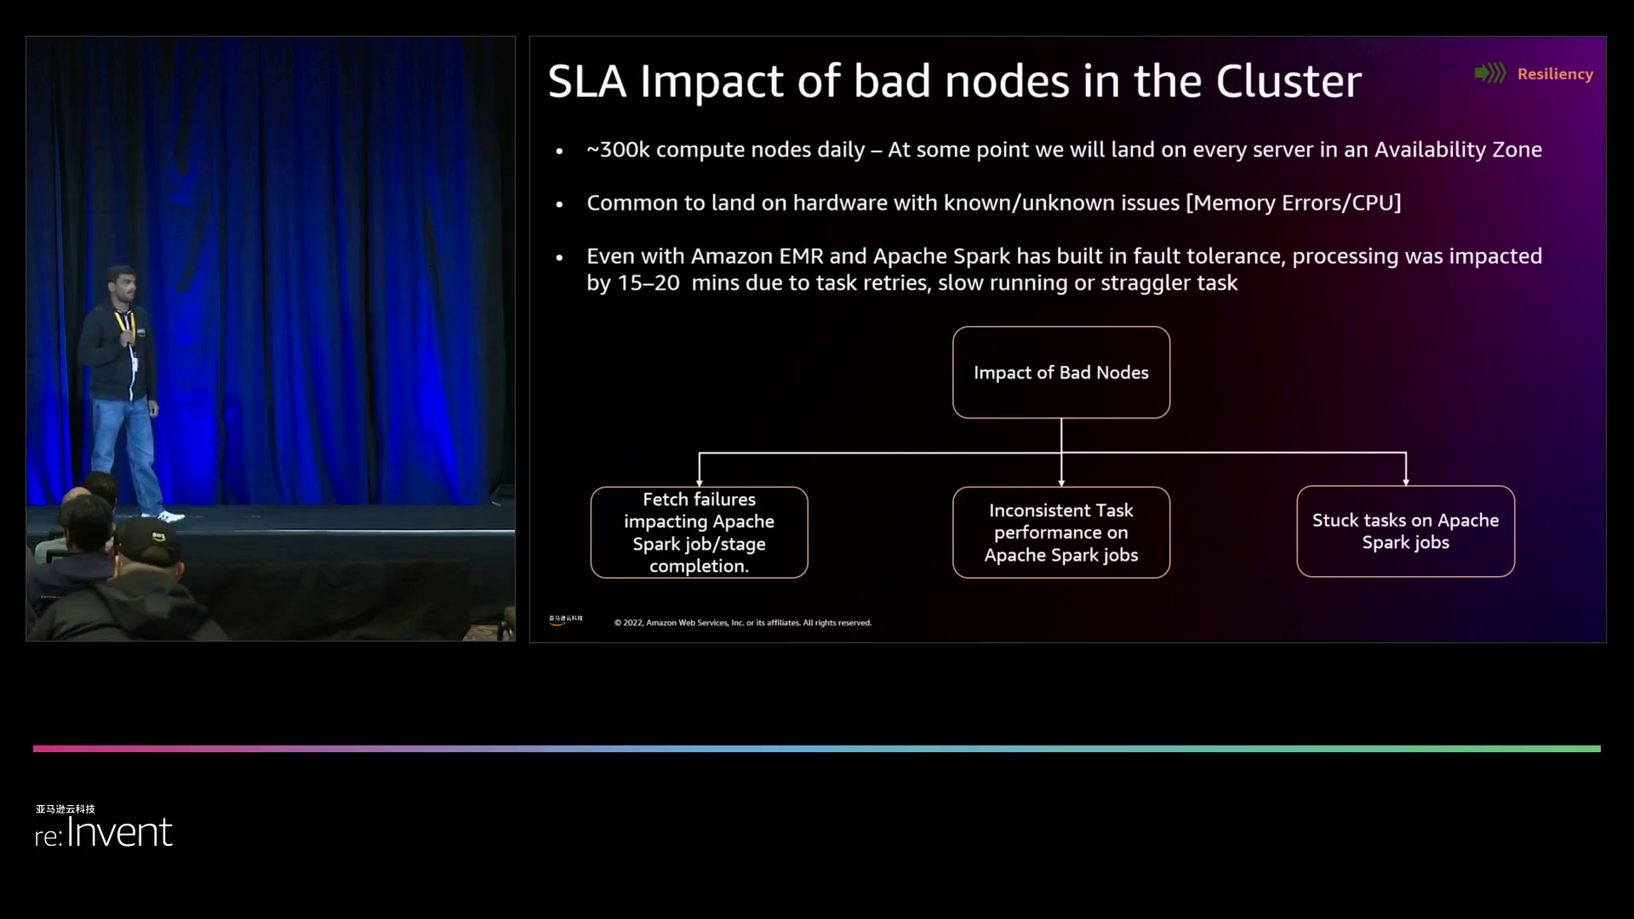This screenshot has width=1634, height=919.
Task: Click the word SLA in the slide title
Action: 586,82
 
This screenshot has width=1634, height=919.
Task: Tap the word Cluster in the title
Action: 1288,82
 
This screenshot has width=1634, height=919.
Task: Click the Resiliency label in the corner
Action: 1555,74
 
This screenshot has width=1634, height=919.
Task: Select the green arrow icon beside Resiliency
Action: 1490,73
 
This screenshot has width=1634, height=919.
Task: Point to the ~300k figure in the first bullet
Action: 618,150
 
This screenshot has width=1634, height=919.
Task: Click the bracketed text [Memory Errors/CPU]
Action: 1293,203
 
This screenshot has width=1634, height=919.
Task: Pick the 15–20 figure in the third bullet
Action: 648,283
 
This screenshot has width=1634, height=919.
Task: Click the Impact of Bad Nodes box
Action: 1060,373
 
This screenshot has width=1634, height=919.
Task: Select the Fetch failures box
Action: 699,533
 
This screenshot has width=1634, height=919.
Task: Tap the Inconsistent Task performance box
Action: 1060,533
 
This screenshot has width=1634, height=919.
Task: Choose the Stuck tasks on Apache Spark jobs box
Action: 1405,532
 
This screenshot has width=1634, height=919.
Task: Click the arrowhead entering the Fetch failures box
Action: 700,482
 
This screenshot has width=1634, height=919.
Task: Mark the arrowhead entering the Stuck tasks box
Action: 1406,481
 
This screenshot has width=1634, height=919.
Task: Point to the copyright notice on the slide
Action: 742,623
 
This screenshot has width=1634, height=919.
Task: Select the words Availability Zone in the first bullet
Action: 1458,150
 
